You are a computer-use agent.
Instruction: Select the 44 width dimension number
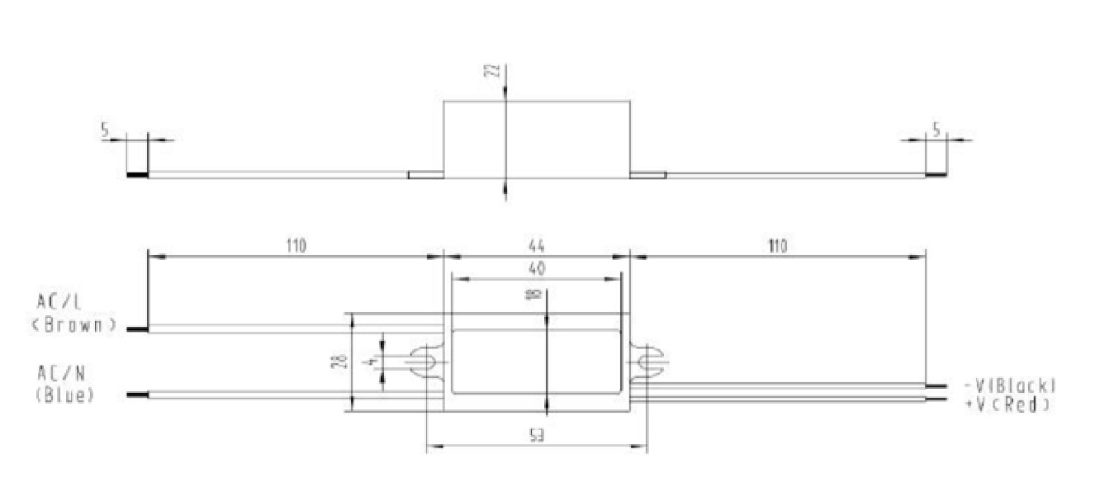[x=537, y=246]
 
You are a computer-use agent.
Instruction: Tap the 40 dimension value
[x=537, y=268]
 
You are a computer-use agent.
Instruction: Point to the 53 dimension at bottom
[x=537, y=435]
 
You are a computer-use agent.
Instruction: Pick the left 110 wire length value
[x=296, y=246]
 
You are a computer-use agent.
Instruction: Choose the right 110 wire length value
[x=776, y=246]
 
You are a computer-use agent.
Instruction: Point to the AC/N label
[x=59, y=375]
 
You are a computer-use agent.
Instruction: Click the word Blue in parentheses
[x=65, y=395]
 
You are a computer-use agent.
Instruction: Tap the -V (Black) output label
[x=1009, y=385]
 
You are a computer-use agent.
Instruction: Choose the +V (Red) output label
[x=1007, y=404]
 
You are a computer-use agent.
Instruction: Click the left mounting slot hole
[x=424, y=362]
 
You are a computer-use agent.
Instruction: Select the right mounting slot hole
[x=648, y=362]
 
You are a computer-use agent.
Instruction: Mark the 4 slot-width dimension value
[x=373, y=362]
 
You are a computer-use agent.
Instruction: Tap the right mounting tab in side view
[x=647, y=174]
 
